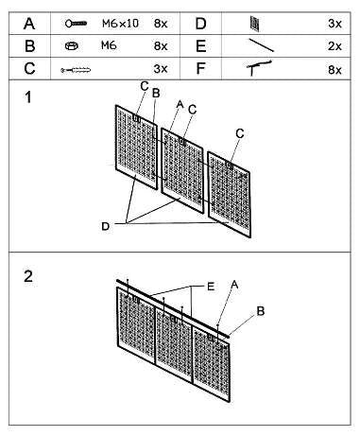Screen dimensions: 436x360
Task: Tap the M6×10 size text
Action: pyautogui.click(x=121, y=21)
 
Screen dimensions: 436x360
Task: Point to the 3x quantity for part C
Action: pyautogui.click(x=160, y=68)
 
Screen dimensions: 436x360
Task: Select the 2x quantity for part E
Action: pyautogui.click(x=334, y=44)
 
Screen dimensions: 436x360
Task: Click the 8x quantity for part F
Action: pyautogui.click(x=334, y=69)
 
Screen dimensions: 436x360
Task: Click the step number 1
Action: pyautogui.click(x=29, y=97)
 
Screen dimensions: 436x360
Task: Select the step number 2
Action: pyautogui.click(x=29, y=276)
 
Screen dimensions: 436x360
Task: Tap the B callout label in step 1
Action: pyautogui.click(x=157, y=93)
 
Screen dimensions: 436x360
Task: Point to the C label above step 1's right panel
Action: pyautogui.click(x=240, y=133)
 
